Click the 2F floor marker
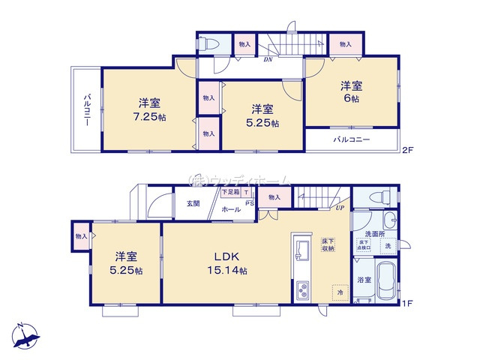click(x=407, y=150)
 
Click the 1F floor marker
click(x=407, y=303)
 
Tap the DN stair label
click(x=268, y=60)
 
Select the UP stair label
click(x=340, y=208)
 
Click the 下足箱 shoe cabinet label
click(x=230, y=192)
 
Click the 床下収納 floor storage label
click(x=328, y=243)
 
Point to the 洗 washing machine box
click(x=388, y=245)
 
